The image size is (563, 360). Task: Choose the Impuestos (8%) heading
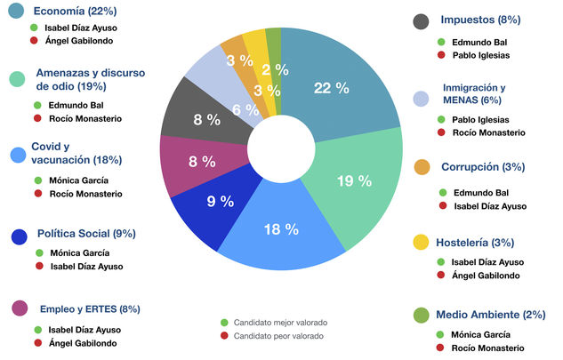pos(480,20)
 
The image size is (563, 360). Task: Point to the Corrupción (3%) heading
pos(483,166)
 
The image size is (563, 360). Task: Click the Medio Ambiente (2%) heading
pos(491,314)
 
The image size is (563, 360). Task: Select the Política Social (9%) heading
pos(86,234)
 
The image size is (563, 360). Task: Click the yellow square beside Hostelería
pos(422,242)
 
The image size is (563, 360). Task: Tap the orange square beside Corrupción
pos(422,167)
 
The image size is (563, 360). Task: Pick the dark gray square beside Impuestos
pos(422,20)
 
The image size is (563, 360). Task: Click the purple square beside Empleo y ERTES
pos(18,308)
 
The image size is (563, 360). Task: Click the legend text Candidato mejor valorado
pos(278,322)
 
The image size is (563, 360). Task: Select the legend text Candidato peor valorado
pos(277,336)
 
